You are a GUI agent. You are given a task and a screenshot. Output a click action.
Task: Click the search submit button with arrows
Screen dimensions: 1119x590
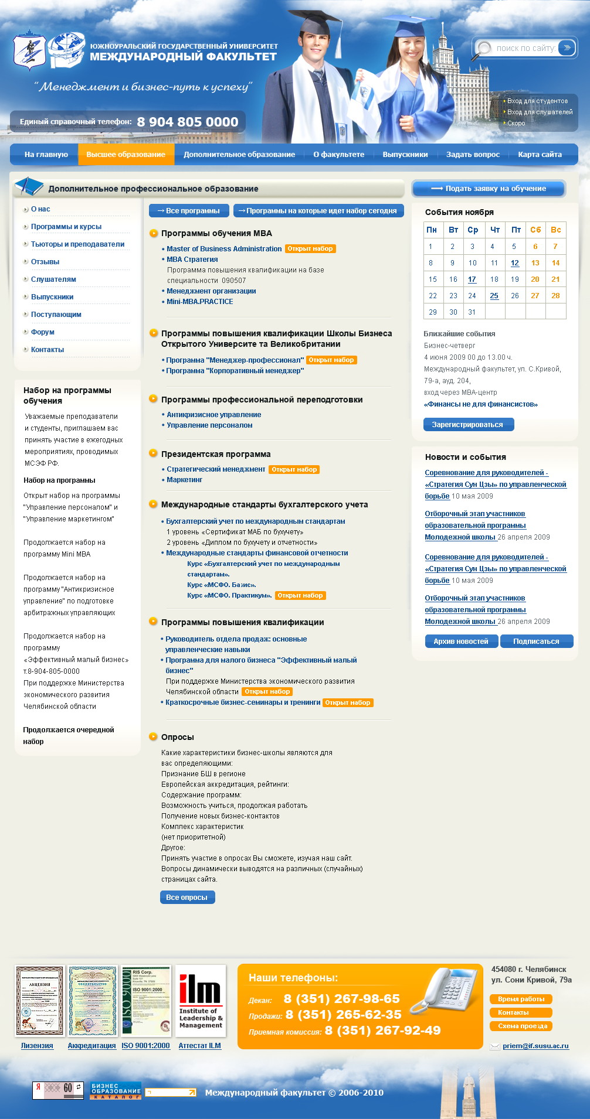[567, 48]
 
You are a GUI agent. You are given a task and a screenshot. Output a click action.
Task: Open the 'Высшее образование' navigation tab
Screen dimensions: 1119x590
[126, 155]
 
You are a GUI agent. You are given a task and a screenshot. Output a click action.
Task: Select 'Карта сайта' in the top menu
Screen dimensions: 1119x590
[540, 155]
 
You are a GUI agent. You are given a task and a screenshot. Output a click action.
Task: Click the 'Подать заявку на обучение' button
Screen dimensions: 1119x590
[489, 189]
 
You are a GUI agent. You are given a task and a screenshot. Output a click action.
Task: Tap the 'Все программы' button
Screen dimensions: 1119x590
[188, 211]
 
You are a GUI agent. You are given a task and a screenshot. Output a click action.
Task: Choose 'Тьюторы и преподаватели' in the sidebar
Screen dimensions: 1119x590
[77, 244]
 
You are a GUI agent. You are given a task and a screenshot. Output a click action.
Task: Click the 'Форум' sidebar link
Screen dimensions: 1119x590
[43, 332]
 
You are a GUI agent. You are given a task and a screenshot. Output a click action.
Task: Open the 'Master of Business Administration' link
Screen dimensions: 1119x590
[224, 249]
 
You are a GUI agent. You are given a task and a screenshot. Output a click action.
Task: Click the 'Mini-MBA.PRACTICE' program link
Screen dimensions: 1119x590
[199, 302]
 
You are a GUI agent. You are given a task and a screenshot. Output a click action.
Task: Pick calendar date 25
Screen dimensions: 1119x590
[494, 296]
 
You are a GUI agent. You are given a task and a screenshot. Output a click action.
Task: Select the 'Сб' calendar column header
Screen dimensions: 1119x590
[535, 230]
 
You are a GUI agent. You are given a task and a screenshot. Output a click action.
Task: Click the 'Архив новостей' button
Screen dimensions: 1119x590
[461, 642]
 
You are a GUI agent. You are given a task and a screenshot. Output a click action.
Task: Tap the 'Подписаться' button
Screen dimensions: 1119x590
[536, 642]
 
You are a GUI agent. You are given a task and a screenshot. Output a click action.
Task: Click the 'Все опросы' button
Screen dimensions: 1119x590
[187, 898]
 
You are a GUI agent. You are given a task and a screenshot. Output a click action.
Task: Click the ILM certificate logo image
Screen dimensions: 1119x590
[200, 1001]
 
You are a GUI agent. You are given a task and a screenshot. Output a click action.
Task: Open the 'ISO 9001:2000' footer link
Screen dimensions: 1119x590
[145, 1046]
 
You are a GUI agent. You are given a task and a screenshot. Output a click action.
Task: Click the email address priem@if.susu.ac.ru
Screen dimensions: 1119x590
[535, 1046]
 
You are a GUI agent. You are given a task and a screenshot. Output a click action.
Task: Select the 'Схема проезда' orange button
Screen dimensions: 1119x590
[521, 1026]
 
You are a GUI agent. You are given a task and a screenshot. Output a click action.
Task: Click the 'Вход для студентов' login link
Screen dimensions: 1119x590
[537, 101]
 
